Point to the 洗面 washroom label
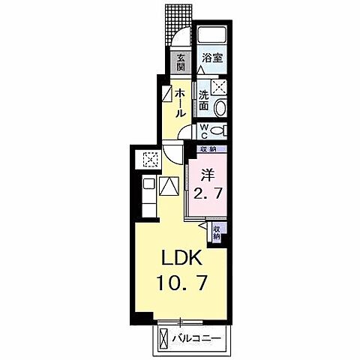[x=204, y=100]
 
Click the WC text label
[x=203, y=130]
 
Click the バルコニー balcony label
[x=196, y=338]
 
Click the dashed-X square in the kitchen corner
[x=149, y=158]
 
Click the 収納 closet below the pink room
[x=217, y=232]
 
